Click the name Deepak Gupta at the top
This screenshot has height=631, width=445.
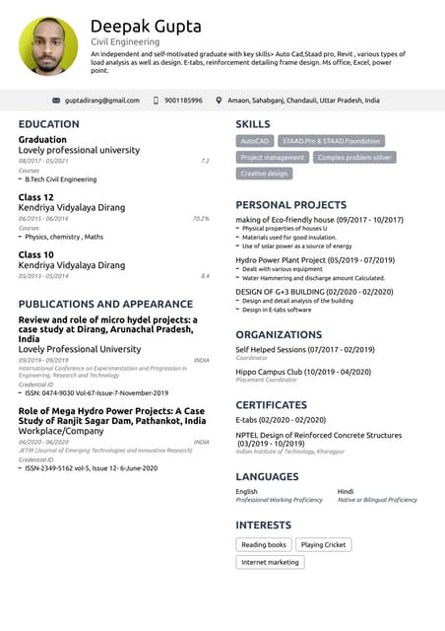(x=146, y=27)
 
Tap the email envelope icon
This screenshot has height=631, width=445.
(x=56, y=101)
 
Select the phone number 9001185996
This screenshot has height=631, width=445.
(x=183, y=101)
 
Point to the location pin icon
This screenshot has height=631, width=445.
(x=219, y=101)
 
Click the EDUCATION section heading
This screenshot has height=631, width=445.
(x=49, y=124)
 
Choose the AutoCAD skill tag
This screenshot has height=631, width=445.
(x=254, y=141)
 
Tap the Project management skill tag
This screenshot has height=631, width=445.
(x=273, y=158)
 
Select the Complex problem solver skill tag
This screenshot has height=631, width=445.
(x=354, y=158)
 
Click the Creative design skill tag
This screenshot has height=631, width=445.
(x=265, y=174)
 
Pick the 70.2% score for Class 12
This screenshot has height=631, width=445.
(x=201, y=218)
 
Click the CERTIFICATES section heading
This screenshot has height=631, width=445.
(x=271, y=405)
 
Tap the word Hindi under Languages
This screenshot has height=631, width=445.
(x=346, y=491)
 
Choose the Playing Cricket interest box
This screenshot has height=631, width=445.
(x=323, y=544)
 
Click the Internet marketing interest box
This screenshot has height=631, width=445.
(x=270, y=562)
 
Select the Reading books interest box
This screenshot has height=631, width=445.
(x=264, y=544)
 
